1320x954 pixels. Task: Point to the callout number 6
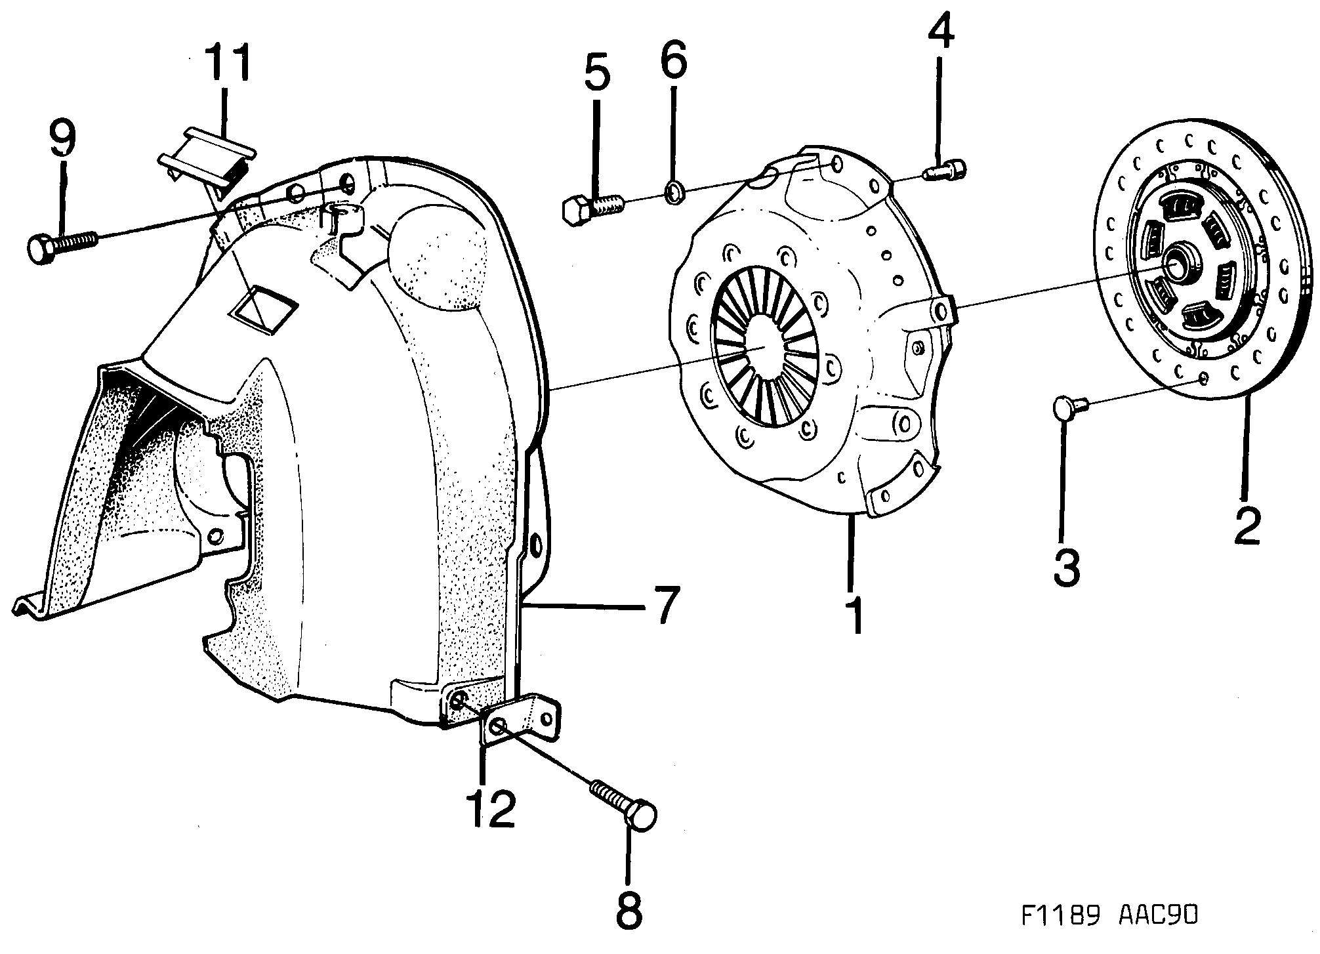click(x=674, y=58)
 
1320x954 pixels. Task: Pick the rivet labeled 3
click(x=1069, y=407)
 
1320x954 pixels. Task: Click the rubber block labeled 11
click(x=207, y=158)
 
